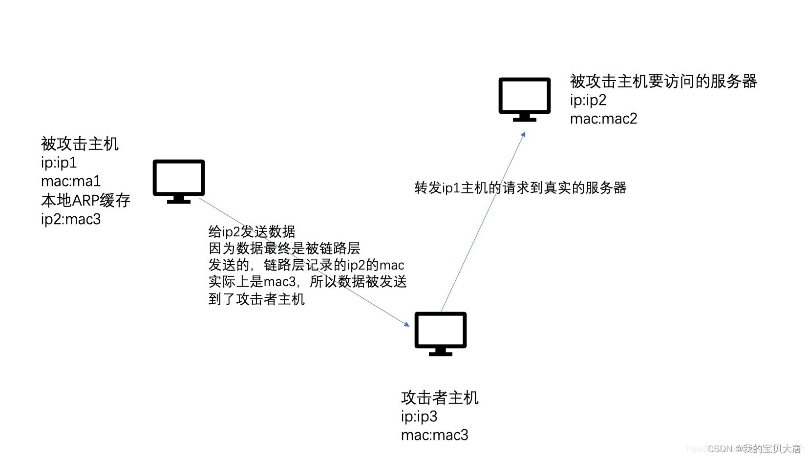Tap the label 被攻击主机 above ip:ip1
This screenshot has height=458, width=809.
coord(80,144)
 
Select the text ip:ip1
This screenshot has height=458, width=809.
coord(59,163)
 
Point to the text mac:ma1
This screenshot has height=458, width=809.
coord(71,181)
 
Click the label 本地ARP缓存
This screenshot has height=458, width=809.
coord(85,200)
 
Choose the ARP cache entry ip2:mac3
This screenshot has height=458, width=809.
coord(71,219)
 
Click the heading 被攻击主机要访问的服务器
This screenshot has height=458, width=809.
coord(663,81)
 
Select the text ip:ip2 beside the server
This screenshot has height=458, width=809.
coord(588,100)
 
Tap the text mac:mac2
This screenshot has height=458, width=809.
coord(603,119)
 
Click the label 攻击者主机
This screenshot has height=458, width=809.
coord(440,398)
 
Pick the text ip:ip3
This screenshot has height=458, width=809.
coord(419,416)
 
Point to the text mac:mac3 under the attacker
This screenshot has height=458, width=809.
coord(434,435)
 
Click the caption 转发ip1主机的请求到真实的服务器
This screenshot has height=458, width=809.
coord(520,188)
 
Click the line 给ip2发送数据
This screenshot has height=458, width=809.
coord(252,231)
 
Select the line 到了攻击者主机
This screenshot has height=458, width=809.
coord(256,299)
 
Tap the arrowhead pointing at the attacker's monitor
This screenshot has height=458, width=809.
coord(407,324)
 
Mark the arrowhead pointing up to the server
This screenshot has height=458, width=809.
coord(523,134)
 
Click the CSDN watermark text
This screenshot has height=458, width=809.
coord(754,449)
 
